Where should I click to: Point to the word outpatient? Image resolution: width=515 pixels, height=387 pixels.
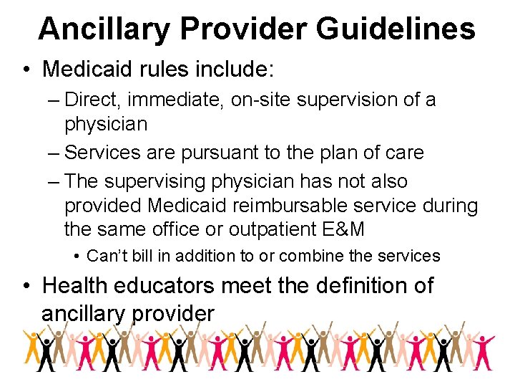click(x=277, y=230)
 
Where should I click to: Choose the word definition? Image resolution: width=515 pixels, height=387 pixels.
click(x=354, y=285)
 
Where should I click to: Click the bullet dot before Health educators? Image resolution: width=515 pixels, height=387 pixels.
click(x=26, y=286)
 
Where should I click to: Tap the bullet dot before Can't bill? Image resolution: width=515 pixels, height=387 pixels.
click(x=77, y=257)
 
